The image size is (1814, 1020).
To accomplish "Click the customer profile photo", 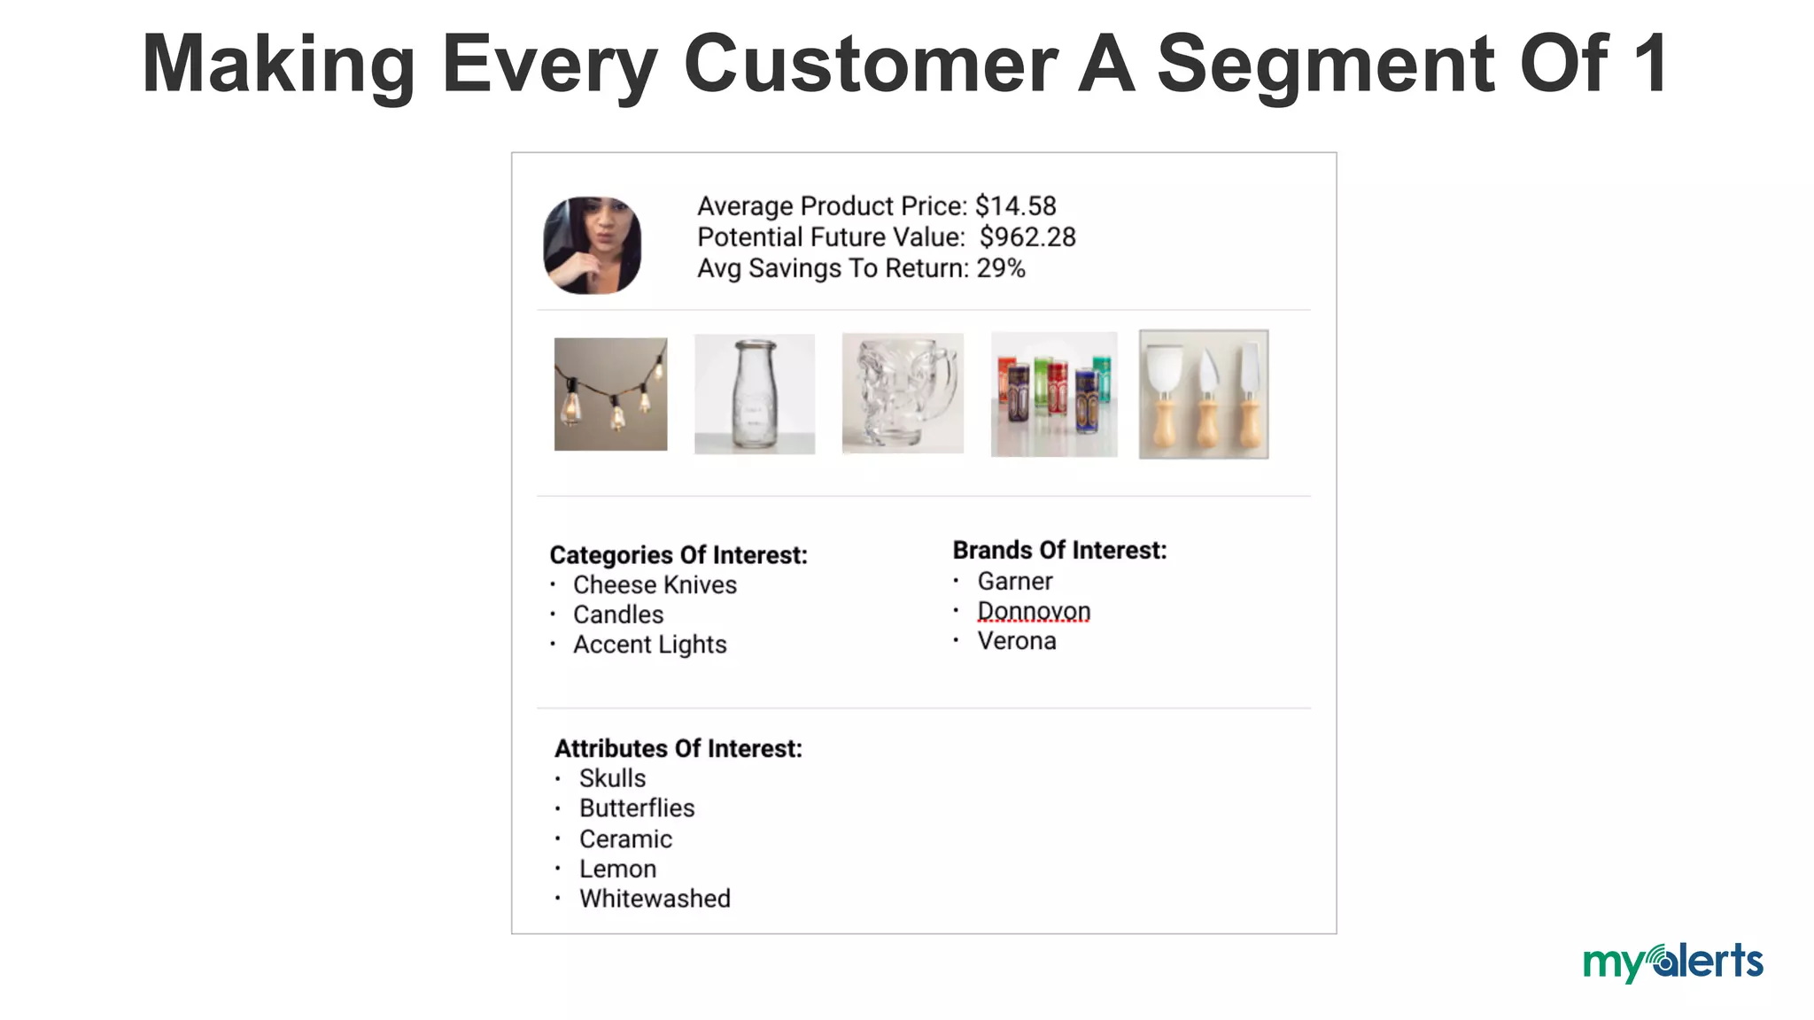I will [592, 245].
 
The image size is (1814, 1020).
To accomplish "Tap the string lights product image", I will [610, 394].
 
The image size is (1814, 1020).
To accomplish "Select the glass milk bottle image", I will [754, 394].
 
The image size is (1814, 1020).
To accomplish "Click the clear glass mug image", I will [903, 393].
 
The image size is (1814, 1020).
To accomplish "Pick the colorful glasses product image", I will [1053, 395].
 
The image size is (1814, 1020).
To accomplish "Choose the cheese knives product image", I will [1203, 395].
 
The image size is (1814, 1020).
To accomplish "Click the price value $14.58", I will [1015, 206].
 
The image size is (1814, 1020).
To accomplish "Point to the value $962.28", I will [1027, 237].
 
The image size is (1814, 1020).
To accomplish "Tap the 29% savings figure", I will [1001, 268].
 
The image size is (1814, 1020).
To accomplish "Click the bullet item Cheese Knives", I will [655, 585].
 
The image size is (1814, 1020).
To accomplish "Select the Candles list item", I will [618, 614].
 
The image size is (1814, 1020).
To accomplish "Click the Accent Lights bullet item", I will [649, 645].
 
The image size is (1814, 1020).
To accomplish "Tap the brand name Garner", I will [1015, 582].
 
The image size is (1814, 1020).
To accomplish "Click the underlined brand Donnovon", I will [1034, 611].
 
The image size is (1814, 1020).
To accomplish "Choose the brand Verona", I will [1017, 641].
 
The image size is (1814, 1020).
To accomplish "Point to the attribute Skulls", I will [612, 778].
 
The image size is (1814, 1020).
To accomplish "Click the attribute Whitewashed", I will [655, 899].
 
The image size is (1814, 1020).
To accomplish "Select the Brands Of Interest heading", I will [1059, 551].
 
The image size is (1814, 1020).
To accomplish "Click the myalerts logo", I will [1672, 962].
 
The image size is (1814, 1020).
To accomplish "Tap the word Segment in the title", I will [1325, 64].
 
